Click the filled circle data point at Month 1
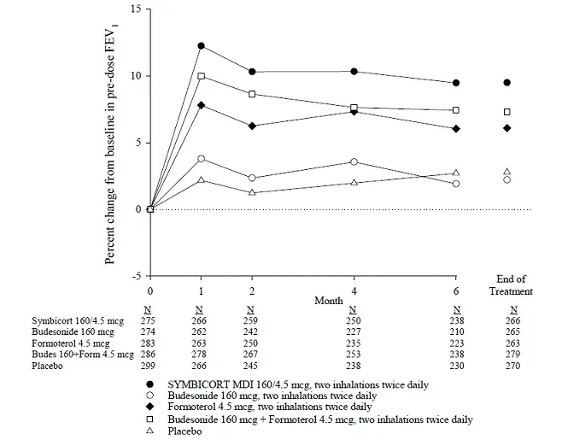pos(202,45)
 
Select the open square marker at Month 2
pos(251,94)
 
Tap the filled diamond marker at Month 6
pos(456,128)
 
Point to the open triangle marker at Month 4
pos(354,183)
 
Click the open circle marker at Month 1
pos(202,158)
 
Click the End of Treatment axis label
pos(515,285)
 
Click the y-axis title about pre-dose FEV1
pos(111,141)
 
